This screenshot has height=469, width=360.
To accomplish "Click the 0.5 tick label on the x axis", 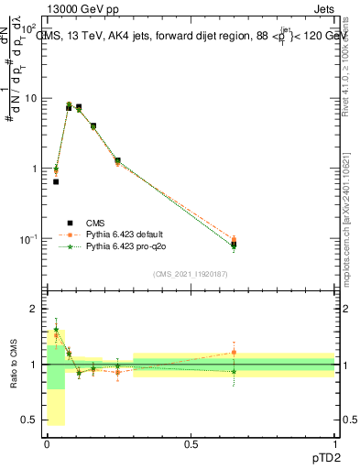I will coord(191,443).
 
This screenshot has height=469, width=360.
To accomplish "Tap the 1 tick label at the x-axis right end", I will coord(334,443).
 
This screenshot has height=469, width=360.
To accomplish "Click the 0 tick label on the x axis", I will coord(48,443).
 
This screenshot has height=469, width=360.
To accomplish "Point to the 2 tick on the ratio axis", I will coord(33,309).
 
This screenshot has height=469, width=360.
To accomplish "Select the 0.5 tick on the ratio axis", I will coord(29,420).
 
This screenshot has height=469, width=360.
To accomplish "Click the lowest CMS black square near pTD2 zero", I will coord(56,181).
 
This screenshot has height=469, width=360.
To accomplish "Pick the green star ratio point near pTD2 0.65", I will coord(234,371).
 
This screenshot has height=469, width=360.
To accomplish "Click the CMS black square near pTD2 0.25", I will coord(117,160).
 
